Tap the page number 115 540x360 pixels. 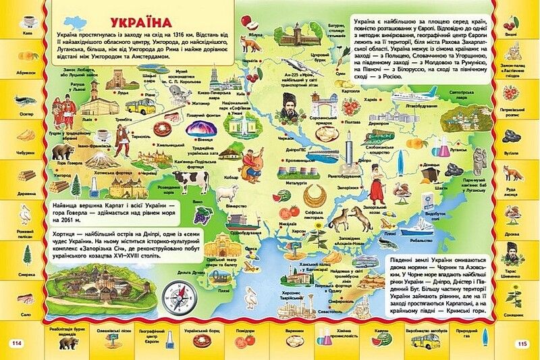click(x=521, y=344)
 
